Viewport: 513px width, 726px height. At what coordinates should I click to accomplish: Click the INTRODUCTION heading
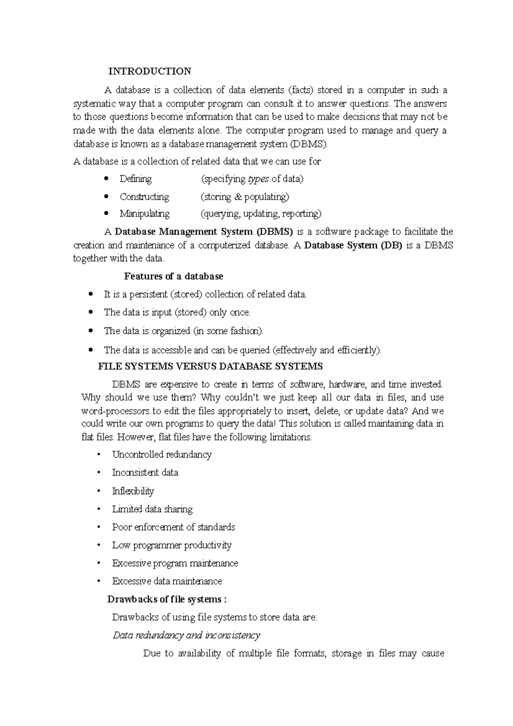click(x=149, y=71)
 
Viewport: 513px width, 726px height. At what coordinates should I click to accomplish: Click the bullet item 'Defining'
click(x=136, y=179)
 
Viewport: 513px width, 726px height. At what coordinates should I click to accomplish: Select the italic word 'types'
click(x=258, y=179)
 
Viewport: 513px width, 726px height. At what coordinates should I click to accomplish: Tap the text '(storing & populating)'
click(x=245, y=197)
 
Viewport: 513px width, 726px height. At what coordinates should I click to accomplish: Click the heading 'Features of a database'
click(x=174, y=276)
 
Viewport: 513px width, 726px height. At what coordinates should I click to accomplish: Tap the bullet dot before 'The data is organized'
click(x=90, y=331)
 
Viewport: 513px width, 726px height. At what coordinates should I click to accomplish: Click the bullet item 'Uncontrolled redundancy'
click(x=162, y=454)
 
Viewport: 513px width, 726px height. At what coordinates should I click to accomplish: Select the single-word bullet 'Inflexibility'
click(x=133, y=491)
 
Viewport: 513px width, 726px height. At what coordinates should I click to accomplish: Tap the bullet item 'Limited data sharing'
click(x=152, y=509)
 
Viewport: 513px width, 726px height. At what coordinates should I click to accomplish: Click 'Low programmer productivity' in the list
click(x=171, y=545)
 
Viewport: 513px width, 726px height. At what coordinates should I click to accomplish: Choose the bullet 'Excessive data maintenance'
click(x=167, y=581)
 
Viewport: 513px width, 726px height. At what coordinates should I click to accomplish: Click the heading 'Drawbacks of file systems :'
click(x=167, y=599)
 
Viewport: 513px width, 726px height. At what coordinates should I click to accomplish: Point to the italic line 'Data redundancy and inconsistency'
click(x=186, y=635)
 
